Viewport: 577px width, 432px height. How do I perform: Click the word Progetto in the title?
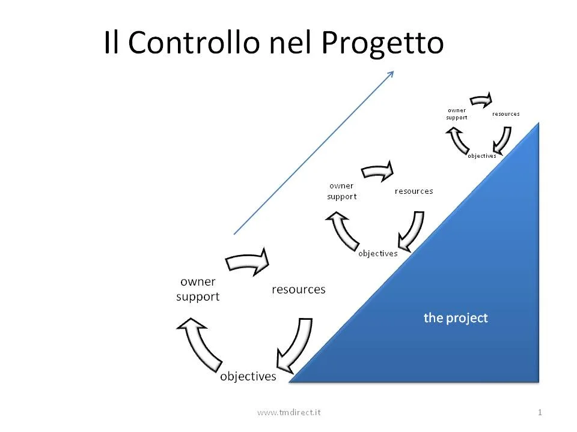click(382, 43)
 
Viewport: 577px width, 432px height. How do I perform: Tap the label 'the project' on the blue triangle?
click(456, 318)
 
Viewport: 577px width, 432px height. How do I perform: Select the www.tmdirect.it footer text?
click(288, 412)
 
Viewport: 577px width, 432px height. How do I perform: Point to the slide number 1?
click(540, 412)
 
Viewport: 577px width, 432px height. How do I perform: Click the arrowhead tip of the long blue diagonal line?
click(392, 72)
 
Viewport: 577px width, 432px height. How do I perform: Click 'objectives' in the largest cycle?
click(248, 377)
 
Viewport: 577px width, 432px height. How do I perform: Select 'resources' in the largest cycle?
click(298, 289)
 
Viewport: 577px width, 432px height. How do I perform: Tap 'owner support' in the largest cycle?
click(198, 289)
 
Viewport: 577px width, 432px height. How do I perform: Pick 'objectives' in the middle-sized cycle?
click(377, 253)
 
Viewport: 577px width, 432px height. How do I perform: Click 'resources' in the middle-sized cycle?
click(414, 191)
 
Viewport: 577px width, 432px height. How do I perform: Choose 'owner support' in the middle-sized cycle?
click(341, 191)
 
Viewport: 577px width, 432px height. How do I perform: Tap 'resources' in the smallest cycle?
click(505, 113)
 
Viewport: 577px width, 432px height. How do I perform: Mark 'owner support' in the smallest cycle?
click(457, 113)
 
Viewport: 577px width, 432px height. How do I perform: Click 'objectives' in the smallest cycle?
click(482, 156)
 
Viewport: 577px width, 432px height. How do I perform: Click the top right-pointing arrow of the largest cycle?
click(248, 262)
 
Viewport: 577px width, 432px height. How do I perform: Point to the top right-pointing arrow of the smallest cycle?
click(481, 99)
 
